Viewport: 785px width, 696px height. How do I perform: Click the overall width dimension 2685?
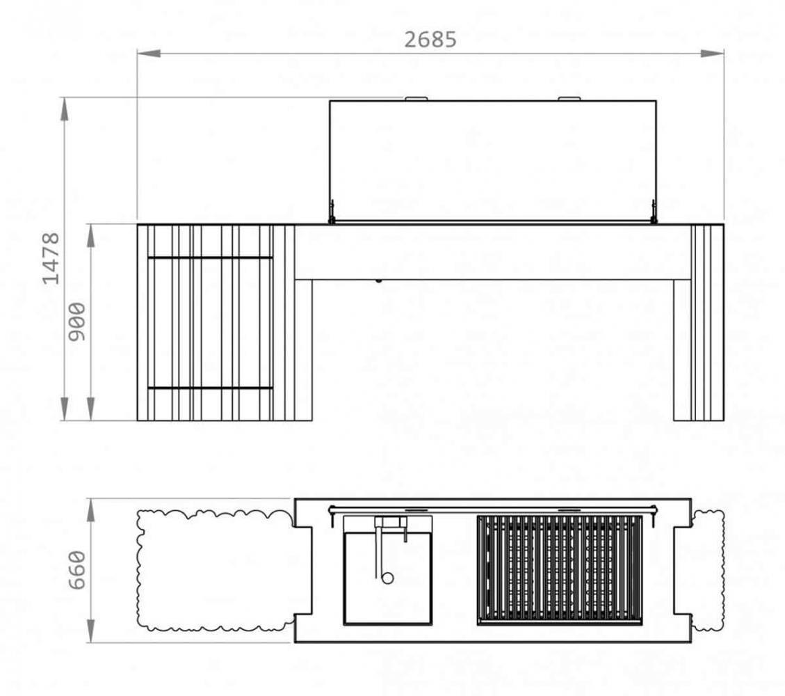[430, 40]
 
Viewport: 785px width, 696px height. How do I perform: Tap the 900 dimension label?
[77, 322]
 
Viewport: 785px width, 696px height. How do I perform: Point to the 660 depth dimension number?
[77, 569]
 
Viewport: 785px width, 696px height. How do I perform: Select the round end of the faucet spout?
[387, 577]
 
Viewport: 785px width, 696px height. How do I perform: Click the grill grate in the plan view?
[560, 569]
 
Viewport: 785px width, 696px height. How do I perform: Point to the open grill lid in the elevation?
[492, 161]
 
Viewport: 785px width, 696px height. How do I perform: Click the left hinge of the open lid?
[332, 212]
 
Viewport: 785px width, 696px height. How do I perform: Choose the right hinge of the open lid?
[654, 212]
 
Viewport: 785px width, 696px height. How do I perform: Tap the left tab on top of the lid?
[416, 99]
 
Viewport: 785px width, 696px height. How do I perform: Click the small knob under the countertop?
[378, 282]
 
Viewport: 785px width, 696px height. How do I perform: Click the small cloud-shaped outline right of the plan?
[709, 570]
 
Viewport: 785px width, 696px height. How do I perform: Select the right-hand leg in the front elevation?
[698, 348]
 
